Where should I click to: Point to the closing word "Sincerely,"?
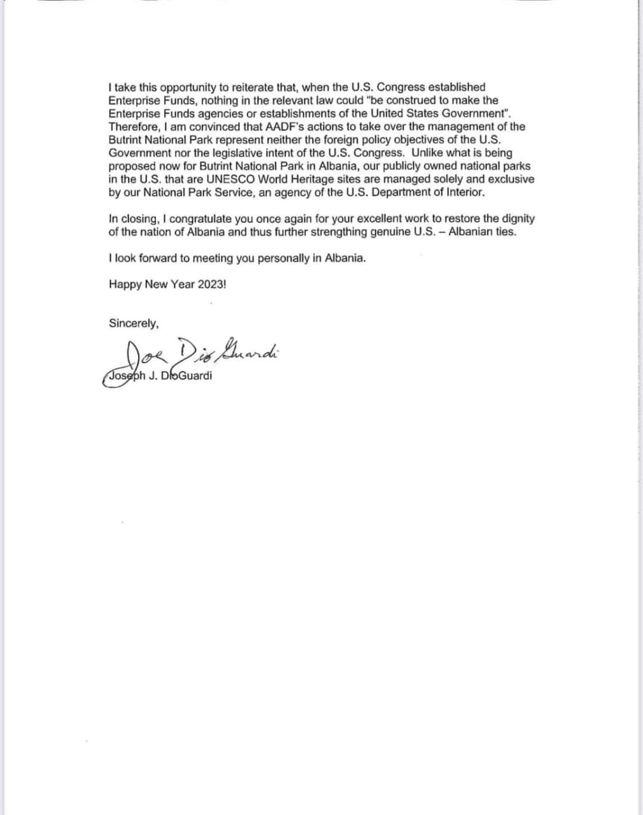134,323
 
